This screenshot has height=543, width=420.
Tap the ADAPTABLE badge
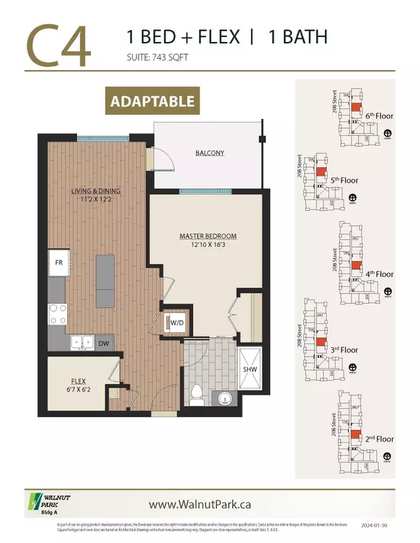[x=152, y=101]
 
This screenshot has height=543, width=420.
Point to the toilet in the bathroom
[x=197, y=393]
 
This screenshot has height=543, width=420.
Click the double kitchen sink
[x=82, y=342]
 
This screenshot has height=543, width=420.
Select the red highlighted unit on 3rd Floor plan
[x=320, y=343]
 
